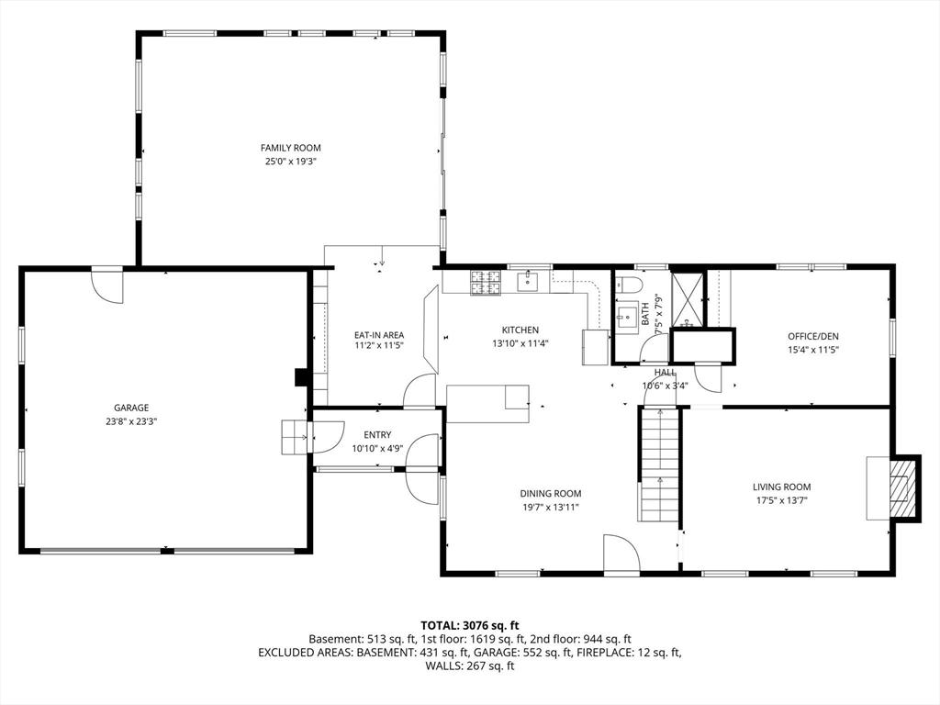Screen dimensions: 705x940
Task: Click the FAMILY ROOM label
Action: (290, 148)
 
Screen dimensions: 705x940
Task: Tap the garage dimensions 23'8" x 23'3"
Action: (131, 421)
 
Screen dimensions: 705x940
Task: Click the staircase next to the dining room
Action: (658, 464)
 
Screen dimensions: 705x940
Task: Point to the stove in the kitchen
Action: (487, 283)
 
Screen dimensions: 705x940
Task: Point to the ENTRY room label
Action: (377, 435)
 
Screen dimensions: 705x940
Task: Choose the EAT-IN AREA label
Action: (379, 335)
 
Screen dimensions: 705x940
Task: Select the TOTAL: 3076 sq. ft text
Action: (470, 626)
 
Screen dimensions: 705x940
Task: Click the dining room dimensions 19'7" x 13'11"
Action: (550, 507)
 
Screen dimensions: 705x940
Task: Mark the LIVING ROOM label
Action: (781, 487)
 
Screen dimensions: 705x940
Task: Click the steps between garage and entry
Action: (295, 437)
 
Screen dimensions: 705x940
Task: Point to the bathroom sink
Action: (628, 317)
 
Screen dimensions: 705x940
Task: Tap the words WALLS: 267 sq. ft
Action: (470, 666)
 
